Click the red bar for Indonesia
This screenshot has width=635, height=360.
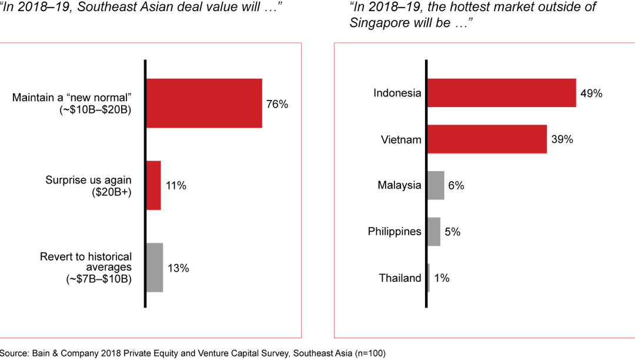point(501,93)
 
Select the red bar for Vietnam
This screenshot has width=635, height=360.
point(487,139)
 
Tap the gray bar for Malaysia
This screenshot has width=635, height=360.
point(436,185)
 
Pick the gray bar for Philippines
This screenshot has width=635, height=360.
point(434,231)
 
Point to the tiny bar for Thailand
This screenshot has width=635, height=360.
point(429,278)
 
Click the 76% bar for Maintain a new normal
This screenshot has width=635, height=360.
point(204,103)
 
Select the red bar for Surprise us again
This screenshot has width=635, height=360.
point(153,185)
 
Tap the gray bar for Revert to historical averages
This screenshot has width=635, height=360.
point(155,268)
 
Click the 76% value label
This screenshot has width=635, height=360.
point(278,104)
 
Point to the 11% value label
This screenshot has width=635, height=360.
point(176,186)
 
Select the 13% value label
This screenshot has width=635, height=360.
point(178,268)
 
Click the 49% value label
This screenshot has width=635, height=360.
point(591,93)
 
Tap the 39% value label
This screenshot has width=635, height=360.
point(562,139)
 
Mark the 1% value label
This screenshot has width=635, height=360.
point(442,278)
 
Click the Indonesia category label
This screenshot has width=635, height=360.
point(397,93)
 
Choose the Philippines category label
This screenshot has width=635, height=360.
point(395,231)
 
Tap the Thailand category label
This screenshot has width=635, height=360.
point(400,278)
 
